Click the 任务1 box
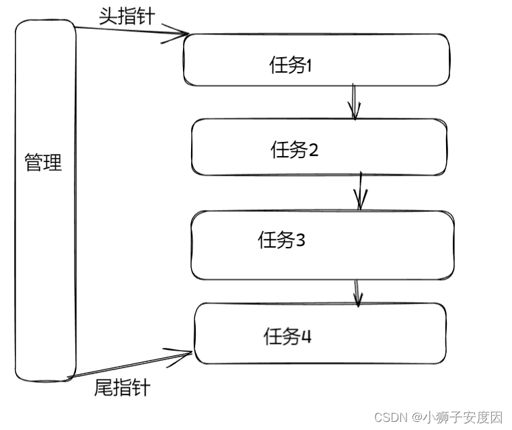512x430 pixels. [x=316, y=59]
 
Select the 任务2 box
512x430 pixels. [x=320, y=147]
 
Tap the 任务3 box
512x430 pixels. [x=322, y=245]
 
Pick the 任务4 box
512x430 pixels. [x=320, y=333]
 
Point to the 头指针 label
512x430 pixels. [x=127, y=16]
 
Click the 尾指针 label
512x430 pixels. [x=122, y=388]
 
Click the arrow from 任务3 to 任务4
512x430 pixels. [x=357, y=292]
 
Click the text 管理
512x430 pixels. [x=43, y=162]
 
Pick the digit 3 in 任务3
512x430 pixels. [x=300, y=240]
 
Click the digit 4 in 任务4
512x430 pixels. [x=306, y=336]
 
